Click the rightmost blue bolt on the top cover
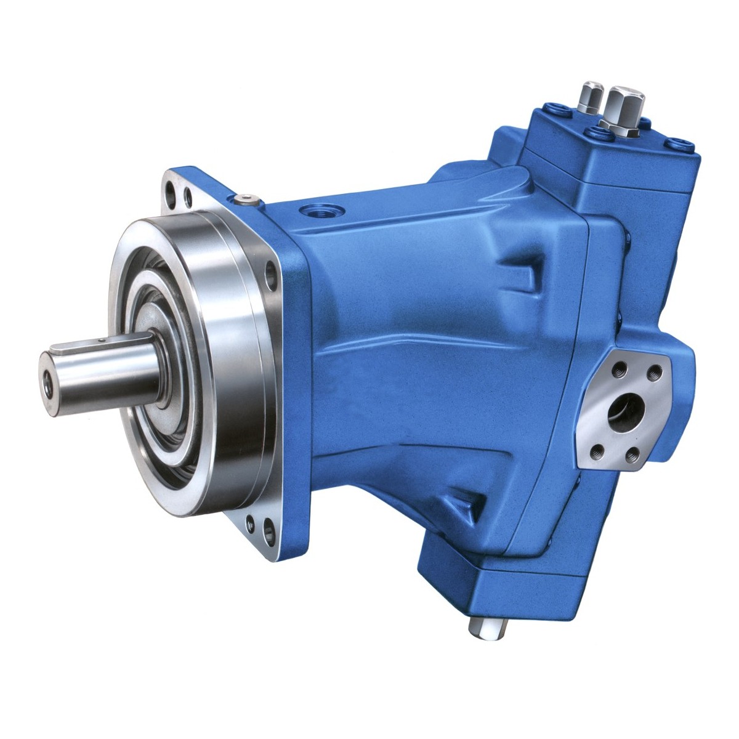coord(687,147)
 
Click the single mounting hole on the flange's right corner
coord(271,270)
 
